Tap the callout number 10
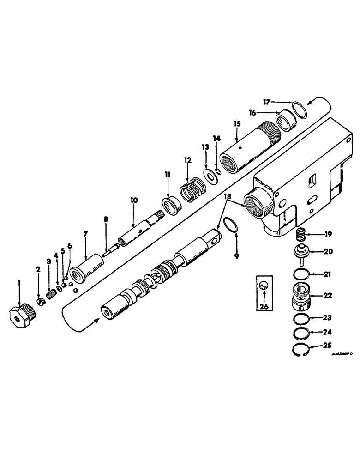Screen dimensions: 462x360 point(133,200)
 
